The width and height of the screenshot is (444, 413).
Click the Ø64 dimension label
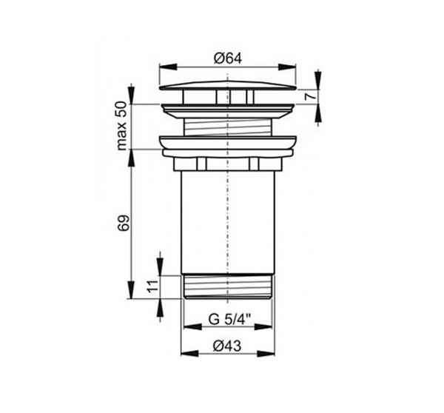click(x=228, y=59)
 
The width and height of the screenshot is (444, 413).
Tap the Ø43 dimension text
click(x=227, y=346)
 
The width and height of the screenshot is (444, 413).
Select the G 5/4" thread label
click(x=230, y=320)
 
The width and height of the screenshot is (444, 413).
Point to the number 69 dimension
click(x=124, y=223)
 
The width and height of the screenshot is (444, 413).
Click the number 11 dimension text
click(x=153, y=286)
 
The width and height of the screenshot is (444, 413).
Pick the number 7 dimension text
click(x=311, y=97)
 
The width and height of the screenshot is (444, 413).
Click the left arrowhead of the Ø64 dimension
click(x=168, y=67)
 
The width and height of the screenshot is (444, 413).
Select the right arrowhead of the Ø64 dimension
click(x=287, y=67)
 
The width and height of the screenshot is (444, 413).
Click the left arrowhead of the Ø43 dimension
click(x=189, y=354)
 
